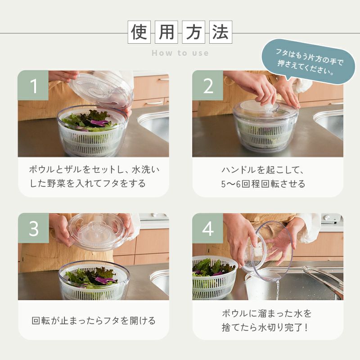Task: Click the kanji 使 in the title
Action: (139, 32)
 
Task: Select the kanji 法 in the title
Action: (220, 32)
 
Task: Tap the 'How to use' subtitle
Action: (180, 53)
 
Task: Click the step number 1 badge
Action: (33, 85)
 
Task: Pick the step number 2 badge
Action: (207, 85)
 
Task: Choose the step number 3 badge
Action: (33, 228)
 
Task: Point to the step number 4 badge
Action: (207, 228)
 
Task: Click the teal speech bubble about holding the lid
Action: (308, 61)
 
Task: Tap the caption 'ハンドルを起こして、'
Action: (263, 170)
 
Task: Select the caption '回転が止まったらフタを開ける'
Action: (94, 320)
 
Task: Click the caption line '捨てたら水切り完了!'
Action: (265, 328)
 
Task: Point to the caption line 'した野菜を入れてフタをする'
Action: (88, 184)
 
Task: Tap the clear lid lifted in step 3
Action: (97, 231)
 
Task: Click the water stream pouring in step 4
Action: (278, 290)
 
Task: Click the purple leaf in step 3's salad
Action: (105, 280)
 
